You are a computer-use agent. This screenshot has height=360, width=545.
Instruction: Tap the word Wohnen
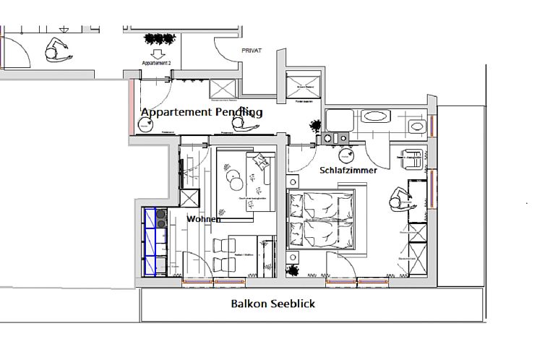(x=203, y=218)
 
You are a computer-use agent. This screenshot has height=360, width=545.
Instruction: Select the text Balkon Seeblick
(x=273, y=304)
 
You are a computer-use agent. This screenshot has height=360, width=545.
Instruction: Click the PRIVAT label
(x=251, y=51)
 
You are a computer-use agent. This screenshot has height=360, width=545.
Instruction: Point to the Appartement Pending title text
(x=202, y=113)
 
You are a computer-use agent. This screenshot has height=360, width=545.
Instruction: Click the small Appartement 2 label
(x=157, y=64)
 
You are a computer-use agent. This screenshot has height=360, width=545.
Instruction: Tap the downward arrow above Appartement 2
(x=157, y=54)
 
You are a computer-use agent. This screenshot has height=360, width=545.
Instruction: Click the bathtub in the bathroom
(x=375, y=116)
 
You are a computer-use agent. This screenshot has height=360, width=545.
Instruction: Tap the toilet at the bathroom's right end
(x=416, y=127)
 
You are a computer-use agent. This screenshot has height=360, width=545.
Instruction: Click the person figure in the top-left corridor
(x=56, y=51)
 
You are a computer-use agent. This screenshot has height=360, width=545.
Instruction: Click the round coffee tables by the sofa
(x=233, y=175)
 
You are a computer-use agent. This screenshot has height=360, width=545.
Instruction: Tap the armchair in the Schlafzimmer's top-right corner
(x=411, y=157)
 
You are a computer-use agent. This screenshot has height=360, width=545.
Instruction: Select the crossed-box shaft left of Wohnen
(x=189, y=198)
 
